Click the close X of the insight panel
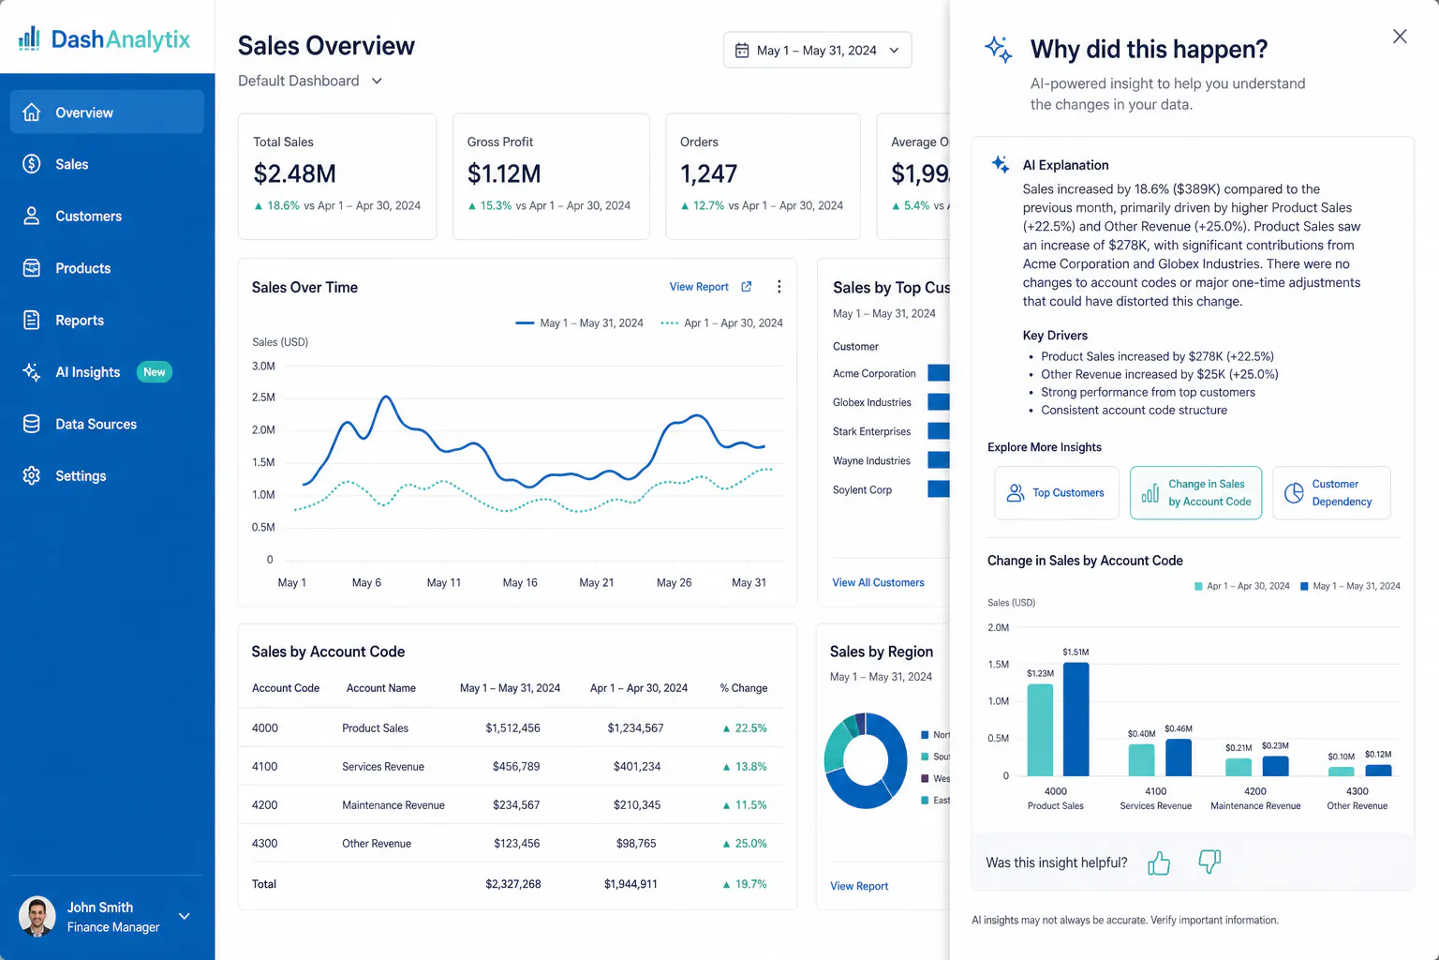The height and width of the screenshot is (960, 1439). coord(1399,36)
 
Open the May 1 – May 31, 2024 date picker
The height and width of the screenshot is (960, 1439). coord(817,50)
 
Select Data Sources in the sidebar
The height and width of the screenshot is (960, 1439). coord(96,424)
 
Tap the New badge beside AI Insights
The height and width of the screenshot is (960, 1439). coord(155,371)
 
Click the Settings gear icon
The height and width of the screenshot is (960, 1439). coord(31,475)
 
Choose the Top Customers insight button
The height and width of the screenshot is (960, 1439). coord(1056,492)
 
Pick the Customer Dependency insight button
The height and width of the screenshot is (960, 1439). coord(1331,492)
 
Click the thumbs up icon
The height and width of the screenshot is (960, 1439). coord(1159,862)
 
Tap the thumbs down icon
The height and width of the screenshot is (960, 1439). coord(1209,861)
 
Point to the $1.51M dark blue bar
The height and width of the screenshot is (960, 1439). coord(1076,719)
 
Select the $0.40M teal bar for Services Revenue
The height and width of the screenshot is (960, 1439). coord(1142,760)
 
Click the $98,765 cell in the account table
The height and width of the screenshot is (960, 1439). coord(636,843)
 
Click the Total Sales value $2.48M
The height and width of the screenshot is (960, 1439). coord(294,173)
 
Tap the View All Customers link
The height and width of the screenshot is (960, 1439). coord(878,582)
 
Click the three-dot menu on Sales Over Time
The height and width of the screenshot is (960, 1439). coord(779,286)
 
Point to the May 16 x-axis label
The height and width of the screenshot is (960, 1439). coord(520,582)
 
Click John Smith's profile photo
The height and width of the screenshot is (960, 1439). coord(37,916)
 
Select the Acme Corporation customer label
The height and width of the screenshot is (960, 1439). coord(874,373)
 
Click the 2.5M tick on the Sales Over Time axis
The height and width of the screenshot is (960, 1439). coord(263,397)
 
